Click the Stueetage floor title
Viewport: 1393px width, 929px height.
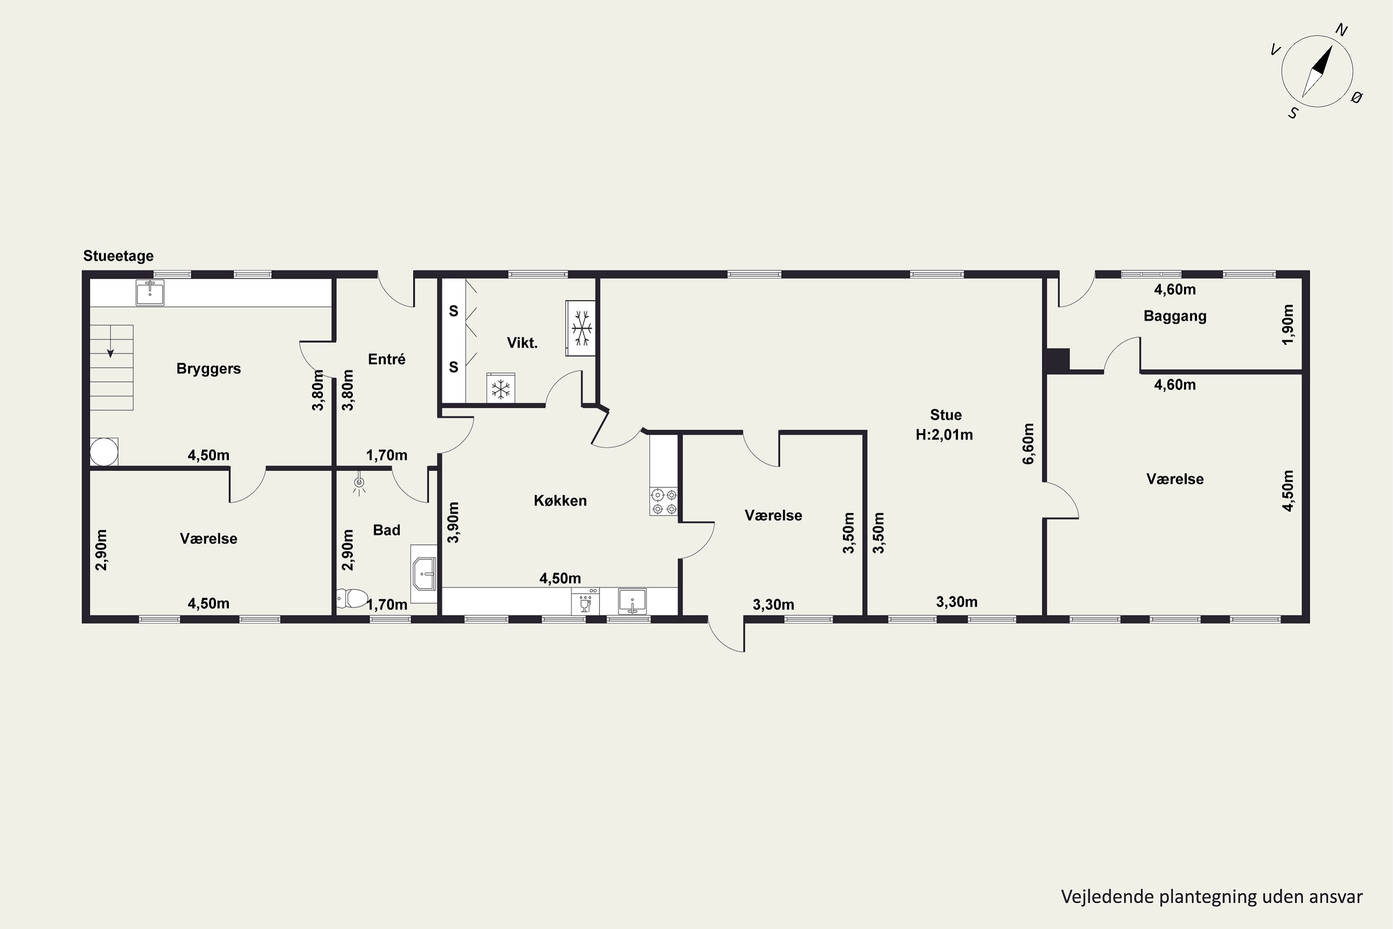click(x=118, y=256)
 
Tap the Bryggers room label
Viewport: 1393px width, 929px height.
click(x=208, y=368)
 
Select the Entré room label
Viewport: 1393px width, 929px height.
click(x=387, y=359)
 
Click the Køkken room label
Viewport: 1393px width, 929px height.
click(x=560, y=501)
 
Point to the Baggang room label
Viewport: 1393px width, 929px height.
click(x=1175, y=316)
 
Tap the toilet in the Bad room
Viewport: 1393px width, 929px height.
click(x=352, y=598)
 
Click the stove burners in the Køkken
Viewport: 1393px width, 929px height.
click(x=664, y=501)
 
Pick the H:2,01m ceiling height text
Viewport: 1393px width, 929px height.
click(x=944, y=435)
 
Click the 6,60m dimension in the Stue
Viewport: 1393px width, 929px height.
click(x=1029, y=443)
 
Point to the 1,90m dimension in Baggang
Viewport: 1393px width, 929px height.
click(x=1288, y=325)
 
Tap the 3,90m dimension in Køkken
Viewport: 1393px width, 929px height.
click(x=453, y=523)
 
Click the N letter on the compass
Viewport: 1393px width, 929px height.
click(x=1341, y=30)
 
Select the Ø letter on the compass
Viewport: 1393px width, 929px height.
click(x=1357, y=98)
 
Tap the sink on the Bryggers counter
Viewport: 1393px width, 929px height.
click(x=150, y=293)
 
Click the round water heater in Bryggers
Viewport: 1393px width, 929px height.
click(x=104, y=452)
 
